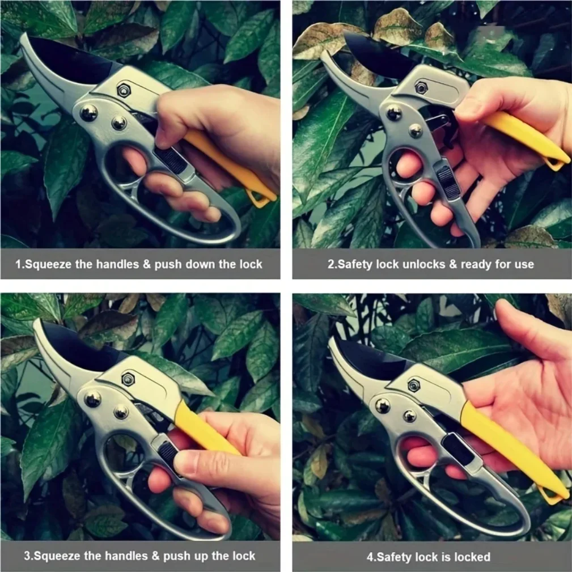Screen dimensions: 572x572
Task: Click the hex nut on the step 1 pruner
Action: (x=124, y=90)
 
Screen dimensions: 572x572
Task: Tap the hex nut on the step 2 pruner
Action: (x=421, y=87)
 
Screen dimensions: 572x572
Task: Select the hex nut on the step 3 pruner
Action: (x=128, y=379)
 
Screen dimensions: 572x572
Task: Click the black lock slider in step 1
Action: (x=171, y=159)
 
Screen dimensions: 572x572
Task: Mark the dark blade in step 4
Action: (x=372, y=359)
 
